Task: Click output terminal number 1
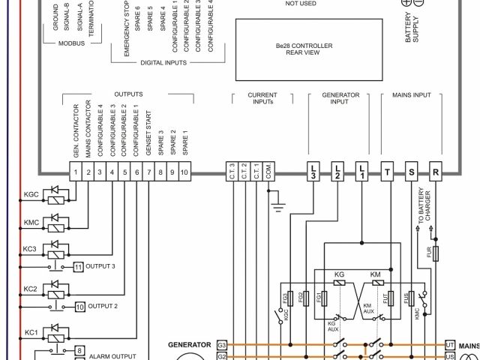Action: [76, 172]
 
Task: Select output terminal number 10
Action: [183, 172]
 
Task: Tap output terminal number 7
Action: [148, 172]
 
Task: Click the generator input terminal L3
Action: [313, 172]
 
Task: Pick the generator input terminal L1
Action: [361, 172]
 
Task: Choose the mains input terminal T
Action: [387, 172]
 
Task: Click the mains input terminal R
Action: [435, 172]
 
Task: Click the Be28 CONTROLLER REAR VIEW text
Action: [299, 49]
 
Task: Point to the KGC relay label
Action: [31, 195]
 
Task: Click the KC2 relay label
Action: [30, 289]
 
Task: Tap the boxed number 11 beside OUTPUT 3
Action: [79, 266]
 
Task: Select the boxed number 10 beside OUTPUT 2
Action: [79, 306]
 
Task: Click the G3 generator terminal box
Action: [222, 345]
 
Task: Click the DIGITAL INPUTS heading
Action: [163, 63]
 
